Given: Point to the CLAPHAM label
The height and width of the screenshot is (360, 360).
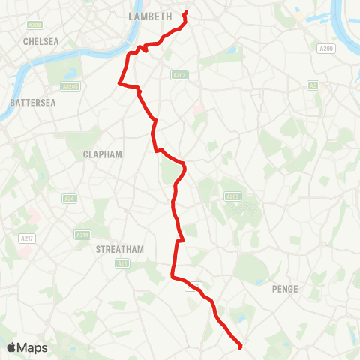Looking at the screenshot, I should [102, 154].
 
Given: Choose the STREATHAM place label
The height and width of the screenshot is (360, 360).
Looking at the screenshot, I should [120, 249].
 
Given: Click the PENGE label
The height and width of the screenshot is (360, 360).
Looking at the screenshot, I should [286, 289].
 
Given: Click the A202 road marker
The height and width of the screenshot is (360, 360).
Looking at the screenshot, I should [178, 75].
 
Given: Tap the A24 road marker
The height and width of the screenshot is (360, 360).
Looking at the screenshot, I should [69, 199].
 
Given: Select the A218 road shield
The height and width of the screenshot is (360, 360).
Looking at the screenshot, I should [82, 235].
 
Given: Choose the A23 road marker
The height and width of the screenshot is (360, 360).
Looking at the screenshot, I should [123, 263].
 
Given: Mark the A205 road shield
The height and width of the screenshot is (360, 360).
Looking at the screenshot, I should [232, 196].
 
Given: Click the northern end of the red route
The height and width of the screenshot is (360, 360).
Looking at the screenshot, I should [186, 13].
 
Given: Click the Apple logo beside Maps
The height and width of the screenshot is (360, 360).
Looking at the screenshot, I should [12, 347].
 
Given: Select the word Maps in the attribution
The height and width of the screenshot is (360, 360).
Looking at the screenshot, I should [33, 347].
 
